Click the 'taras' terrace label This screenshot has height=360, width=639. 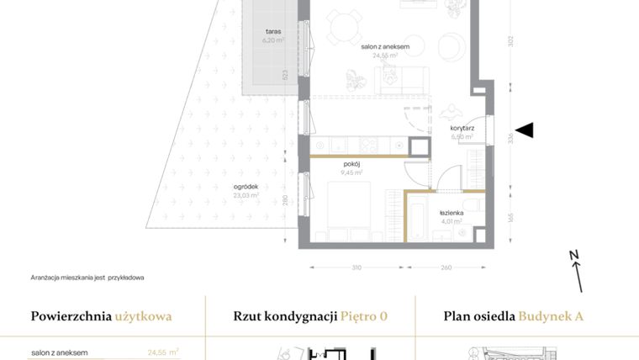click(271, 31)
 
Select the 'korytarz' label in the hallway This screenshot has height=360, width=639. click(462, 129)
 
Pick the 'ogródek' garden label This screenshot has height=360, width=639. click(246, 188)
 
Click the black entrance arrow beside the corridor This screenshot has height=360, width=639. click(525, 130)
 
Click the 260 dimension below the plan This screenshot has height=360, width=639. click(446, 267)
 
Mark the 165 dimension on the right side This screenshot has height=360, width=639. click(510, 218)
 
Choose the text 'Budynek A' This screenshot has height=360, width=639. click(551, 317)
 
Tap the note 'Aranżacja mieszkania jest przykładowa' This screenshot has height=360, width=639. click(87, 277)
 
